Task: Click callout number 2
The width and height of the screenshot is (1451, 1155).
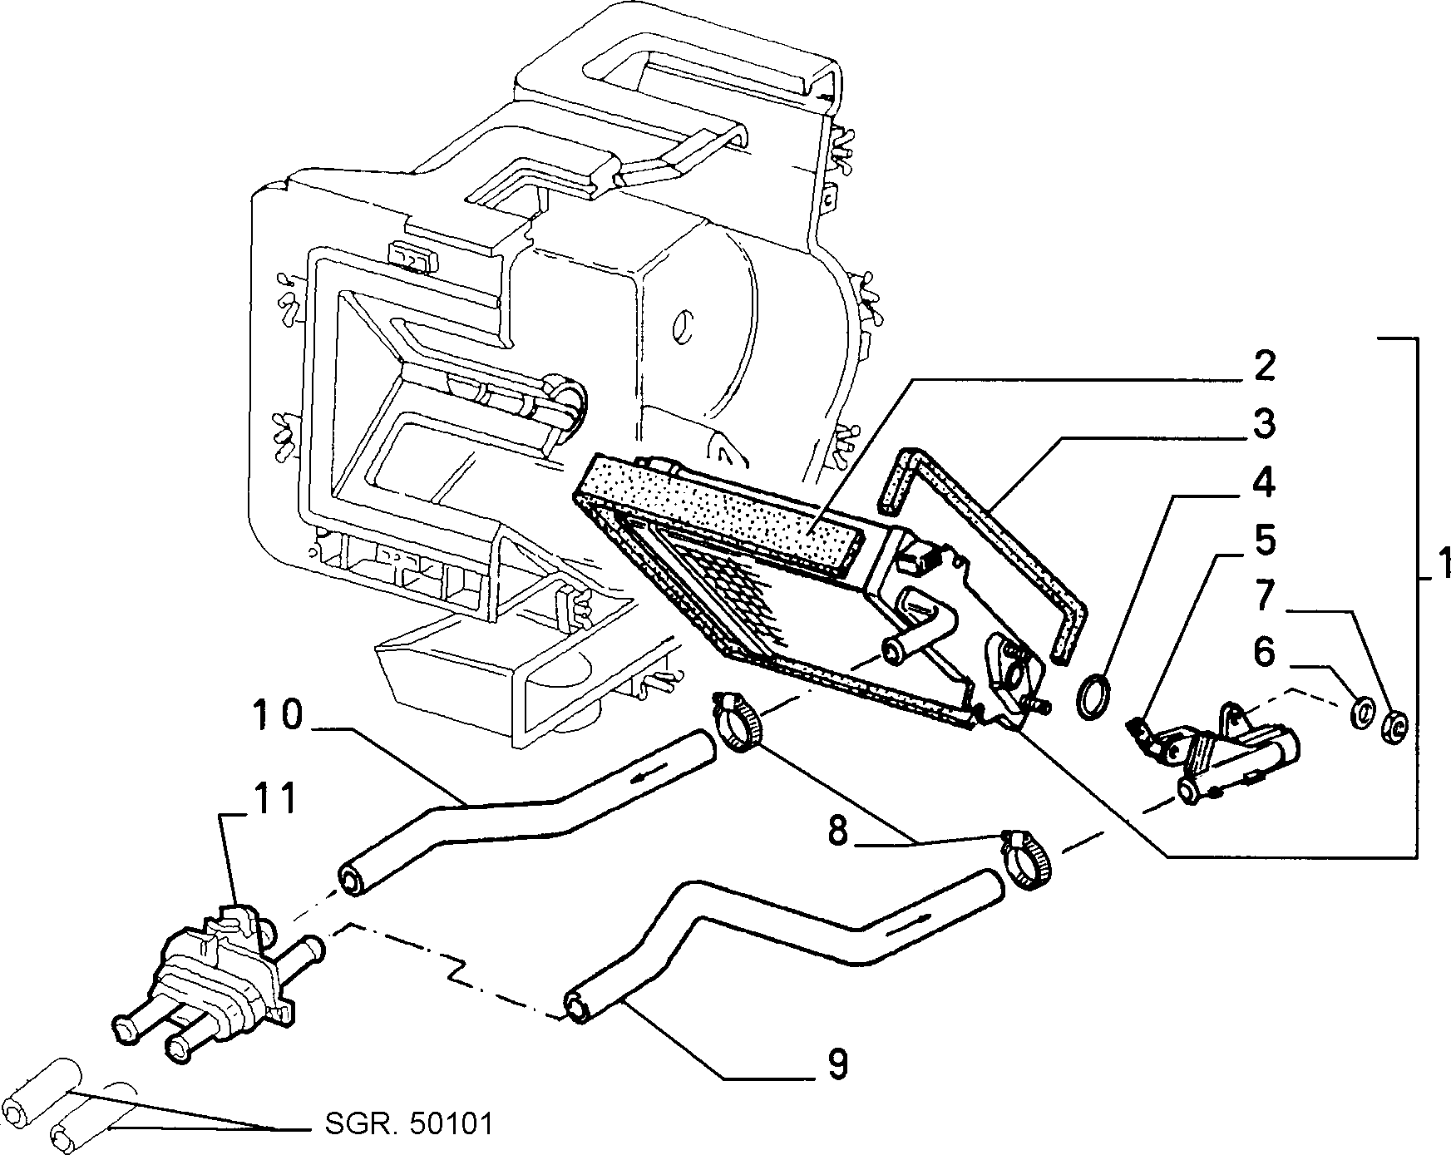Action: (1263, 367)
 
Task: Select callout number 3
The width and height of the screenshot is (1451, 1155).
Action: (1263, 425)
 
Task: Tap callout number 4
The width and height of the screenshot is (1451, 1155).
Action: (1263, 483)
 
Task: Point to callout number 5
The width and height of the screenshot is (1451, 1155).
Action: (1264, 540)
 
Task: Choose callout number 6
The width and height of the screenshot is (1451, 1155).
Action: (1264, 652)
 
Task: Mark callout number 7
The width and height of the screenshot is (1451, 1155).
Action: (1264, 595)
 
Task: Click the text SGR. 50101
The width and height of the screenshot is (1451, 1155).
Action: (407, 1124)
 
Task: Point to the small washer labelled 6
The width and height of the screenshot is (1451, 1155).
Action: (1362, 713)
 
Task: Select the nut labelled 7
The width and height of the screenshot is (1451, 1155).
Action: (1394, 724)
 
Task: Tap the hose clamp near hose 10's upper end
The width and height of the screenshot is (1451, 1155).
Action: (738, 721)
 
